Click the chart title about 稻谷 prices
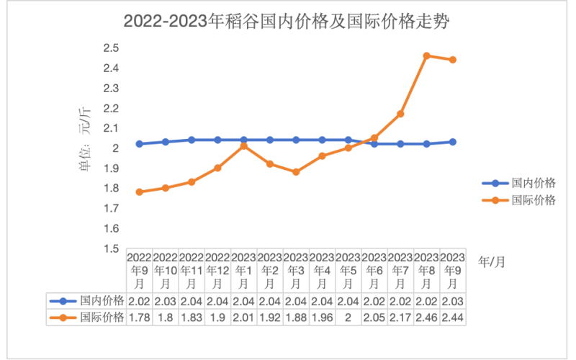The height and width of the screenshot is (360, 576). tap(288, 22)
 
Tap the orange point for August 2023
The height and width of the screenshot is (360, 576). tap(426, 55)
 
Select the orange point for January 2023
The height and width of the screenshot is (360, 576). tap(244, 146)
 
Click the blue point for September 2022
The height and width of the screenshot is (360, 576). tap(139, 144)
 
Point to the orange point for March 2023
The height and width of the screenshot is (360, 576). tap(296, 172)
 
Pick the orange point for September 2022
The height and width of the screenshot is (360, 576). tap(139, 192)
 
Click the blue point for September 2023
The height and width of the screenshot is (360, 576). tap(453, 142)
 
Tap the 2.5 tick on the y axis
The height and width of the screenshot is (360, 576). tap(112, 48)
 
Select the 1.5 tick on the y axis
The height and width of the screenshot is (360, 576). tap(112, 248)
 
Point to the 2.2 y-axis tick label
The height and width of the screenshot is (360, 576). tap(112, 108)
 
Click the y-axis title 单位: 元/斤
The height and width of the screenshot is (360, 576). tap(86, 140)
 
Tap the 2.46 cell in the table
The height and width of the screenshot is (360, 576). tap(426, 317)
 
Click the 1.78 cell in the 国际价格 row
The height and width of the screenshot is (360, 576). tap(139, 317)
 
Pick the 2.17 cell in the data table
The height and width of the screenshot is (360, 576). tap(400, 317)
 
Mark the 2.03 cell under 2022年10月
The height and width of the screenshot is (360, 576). tap(166, 300)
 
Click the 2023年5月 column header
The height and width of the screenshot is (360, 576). tap(348, 271)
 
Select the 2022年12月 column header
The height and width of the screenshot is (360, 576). tap(217, 271)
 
